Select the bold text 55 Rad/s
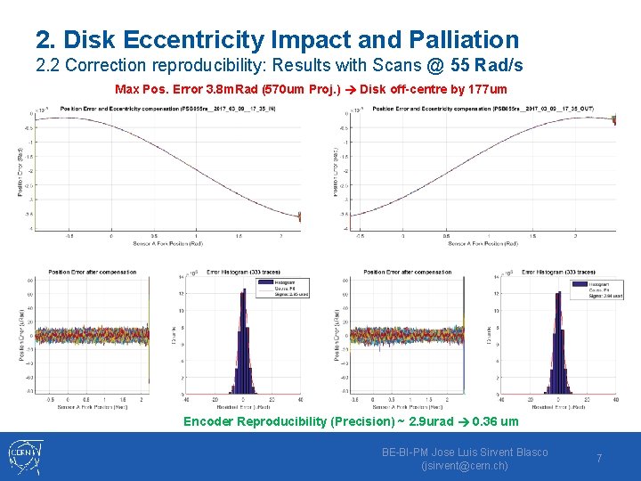pyautogui.click(x=487, y=66)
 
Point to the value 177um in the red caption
pyautogui.click(x=487, y=89)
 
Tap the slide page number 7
pyautogui.click(x=599, y=458)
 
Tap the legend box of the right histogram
pyautogui.click(x=596, y=289)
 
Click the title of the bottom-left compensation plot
pyautogui.click(x=93, y=272)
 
